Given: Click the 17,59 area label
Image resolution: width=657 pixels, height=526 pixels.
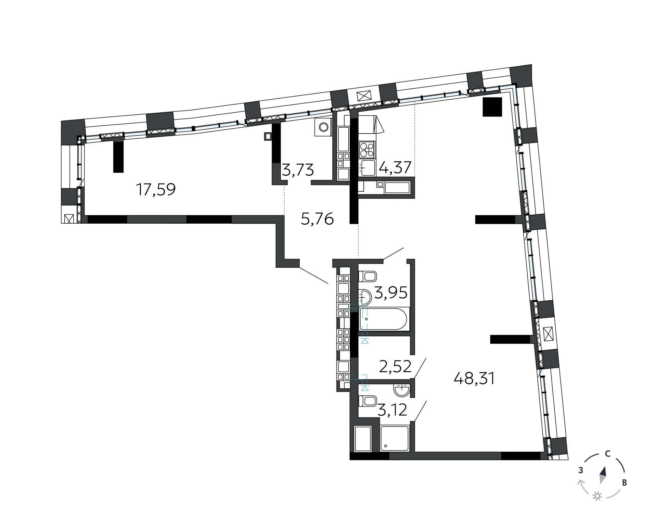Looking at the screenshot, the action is click(x=156, y=189).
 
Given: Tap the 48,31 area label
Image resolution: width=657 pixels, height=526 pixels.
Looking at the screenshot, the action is click(x=474, y=378).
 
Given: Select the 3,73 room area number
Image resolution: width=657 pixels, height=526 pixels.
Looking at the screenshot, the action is click(x=298, y=170).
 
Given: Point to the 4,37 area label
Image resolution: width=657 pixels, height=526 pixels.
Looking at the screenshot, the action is click(x=395, y=167).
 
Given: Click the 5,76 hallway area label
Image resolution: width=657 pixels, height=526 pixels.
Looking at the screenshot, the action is click(x=317, y=219).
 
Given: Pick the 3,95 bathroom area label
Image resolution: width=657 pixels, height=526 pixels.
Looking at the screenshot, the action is click(x=391, y=292).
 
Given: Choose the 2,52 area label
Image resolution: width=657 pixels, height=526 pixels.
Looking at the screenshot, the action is click(x=395, y=366).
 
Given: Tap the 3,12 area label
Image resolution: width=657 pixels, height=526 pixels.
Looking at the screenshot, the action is click(x=392, y=410).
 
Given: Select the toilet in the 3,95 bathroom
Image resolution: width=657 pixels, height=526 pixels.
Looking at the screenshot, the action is click(x=368, y=276).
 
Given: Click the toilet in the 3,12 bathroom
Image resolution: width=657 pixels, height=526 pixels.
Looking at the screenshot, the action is click(x=368, y=401).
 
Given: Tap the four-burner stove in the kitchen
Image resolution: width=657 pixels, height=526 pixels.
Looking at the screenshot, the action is click(x=367, y=150).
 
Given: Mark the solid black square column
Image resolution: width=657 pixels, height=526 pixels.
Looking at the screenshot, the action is click(x=492, y=107).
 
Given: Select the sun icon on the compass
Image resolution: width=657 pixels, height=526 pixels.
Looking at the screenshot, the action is click(x=597, y=496).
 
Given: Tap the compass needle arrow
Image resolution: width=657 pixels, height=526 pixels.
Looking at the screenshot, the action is click(x=603, y=475).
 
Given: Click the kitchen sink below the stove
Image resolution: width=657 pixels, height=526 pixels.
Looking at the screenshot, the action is click(x=367, y=168).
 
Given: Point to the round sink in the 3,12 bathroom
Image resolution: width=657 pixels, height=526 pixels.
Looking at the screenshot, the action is click(x=401, y=390).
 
